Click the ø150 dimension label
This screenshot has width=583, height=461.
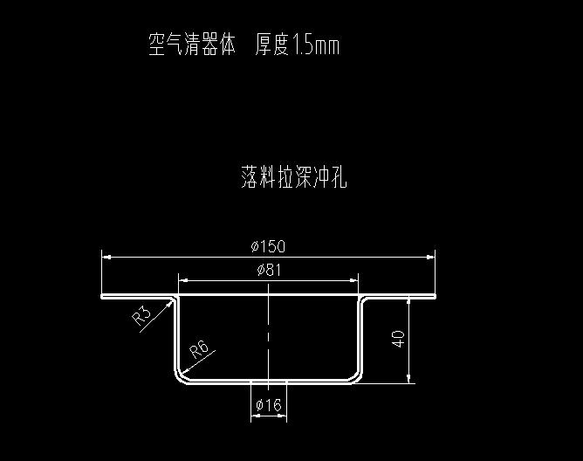click(x=268, y=245)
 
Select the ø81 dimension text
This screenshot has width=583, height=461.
click(x=269, y=270)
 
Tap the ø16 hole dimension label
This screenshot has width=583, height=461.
click(x=268, y=405)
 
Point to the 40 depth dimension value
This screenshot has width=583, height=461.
click(x=399, y=339)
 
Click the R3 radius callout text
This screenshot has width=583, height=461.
click(x=142, y=315)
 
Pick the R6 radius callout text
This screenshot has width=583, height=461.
click(x=199, y=351)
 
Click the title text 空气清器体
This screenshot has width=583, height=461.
click(x=192, y=45)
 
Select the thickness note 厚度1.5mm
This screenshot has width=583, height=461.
click(x=297, y=45)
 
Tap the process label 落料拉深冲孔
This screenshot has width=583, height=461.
click(x=294, y=178)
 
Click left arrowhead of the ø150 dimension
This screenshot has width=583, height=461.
click(x=106, y=256)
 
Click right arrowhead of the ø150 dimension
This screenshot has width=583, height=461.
click(x=431, y=256)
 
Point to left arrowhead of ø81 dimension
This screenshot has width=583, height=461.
click(x=182, y=280)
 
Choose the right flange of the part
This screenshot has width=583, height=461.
click(x=399, y=297)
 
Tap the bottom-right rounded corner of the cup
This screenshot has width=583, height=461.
click(x=356, y=375)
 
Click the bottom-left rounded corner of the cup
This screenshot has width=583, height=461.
click(x=181, y=375)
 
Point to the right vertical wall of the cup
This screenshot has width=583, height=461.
click(x=360, y=336)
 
